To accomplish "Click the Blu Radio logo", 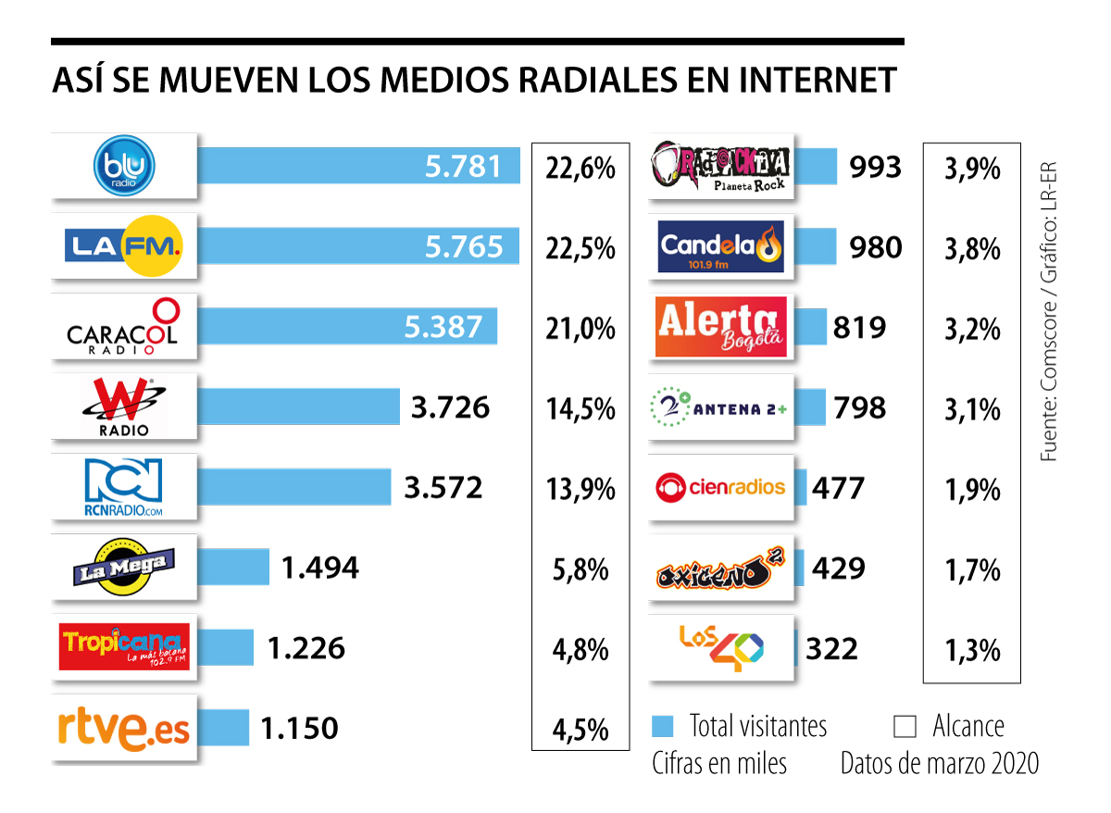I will click(x=125, y=167).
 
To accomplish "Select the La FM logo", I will click(x=125, y=246).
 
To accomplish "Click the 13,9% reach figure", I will click(x=580, y=488).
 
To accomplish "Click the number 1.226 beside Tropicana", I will click(x=306, y=648).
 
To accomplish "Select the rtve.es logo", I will click(x=125, y=729).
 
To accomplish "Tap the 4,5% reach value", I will click(x=580, y=730).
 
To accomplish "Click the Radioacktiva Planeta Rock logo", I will click(x=721, y=167).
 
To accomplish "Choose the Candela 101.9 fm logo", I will click(x=721, y=246).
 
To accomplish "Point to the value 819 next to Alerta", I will click(x=859, y=327).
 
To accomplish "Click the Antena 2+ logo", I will click(x=721, y=407).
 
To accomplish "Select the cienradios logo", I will click(x=721, y=487).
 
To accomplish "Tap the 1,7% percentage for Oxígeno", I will click(x=972, y=569).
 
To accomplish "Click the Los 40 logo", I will click(x=721, y=647).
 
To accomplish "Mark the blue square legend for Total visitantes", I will click(x=662, y=725).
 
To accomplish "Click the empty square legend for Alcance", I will click(x=905, y=725).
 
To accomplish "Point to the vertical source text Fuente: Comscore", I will click(x=1048, y=370).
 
